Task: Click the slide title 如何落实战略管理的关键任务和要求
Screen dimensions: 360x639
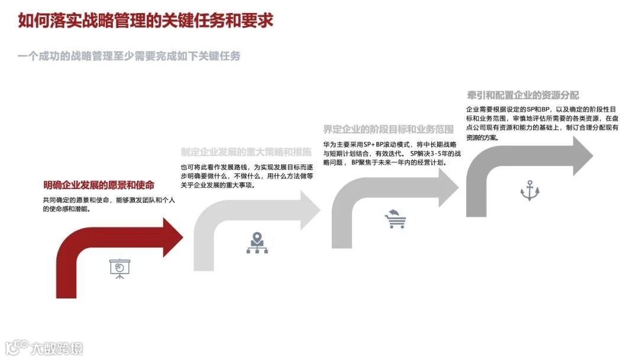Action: click(145, 21)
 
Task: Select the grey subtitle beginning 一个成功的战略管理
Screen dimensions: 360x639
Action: click(129, 56)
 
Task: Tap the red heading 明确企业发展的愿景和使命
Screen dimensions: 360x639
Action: click(98, 185)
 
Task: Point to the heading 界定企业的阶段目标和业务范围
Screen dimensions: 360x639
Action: click(388, 130)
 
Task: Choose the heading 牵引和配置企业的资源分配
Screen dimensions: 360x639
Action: click(522, 95)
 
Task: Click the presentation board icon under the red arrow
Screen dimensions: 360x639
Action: click(119, 268)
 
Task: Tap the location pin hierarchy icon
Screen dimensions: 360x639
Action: click(257, 243)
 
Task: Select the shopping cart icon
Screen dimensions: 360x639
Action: click(395, 219)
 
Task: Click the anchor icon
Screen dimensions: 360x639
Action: click(530, 190)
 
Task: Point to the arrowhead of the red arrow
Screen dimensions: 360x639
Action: click(172, 237)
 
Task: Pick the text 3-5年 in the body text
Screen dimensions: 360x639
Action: click(441, 153)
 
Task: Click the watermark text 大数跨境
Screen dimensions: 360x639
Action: click(57, 348)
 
